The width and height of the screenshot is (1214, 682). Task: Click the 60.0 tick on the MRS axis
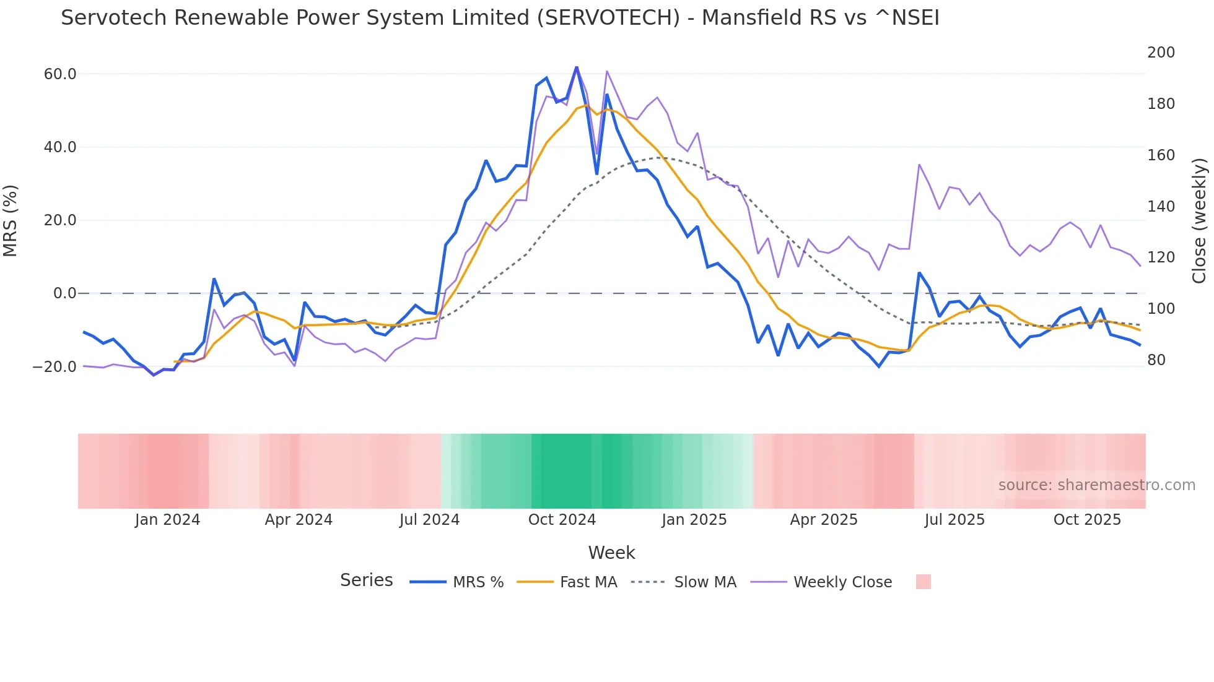tap(60, 74)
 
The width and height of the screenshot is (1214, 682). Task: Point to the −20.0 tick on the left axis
tap(55, 367)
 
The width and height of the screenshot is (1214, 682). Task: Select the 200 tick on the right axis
tap(1161, 53)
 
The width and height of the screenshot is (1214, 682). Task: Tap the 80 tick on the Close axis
tap(1156, 360)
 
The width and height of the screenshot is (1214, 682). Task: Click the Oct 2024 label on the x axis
tap(562, 520)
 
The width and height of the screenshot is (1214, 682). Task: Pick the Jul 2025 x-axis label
tap(954, 520)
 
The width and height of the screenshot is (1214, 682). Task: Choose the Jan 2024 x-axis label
tap(167, 520)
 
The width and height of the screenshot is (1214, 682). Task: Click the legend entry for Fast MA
tap(588, 582)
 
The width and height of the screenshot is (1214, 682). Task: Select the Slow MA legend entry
tap(705, 582)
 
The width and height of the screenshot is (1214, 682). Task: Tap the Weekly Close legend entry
tap(842, 582)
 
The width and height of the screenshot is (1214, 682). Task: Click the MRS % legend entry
tap(478, 582)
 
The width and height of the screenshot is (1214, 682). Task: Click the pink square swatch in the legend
tap(923, 582)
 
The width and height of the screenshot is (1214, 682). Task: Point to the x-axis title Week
tap(611, 553)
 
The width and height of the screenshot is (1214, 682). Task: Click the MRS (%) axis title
tap(11, 220)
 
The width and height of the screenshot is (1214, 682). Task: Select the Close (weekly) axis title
tap(1200, 220)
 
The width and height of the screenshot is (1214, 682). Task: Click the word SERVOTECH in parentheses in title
tap(609, 18)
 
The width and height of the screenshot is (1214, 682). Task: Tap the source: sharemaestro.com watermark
tap(1096, 485)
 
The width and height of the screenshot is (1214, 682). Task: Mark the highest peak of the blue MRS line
tap(577, 67)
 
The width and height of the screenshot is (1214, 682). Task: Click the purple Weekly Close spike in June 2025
tap(919, 165)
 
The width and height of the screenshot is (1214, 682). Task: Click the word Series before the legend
tap(366, 581)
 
